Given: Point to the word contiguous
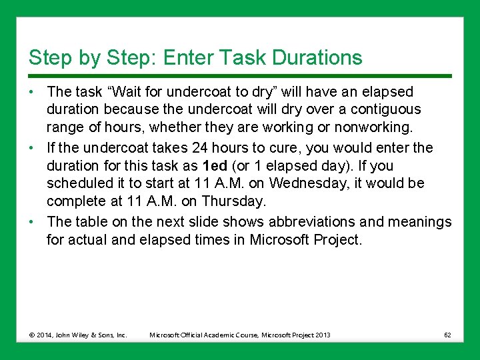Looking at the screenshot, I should [x=379, y=109].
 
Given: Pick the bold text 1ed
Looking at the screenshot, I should [x=214, y=165].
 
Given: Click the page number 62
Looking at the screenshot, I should [x=447, y=335].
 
